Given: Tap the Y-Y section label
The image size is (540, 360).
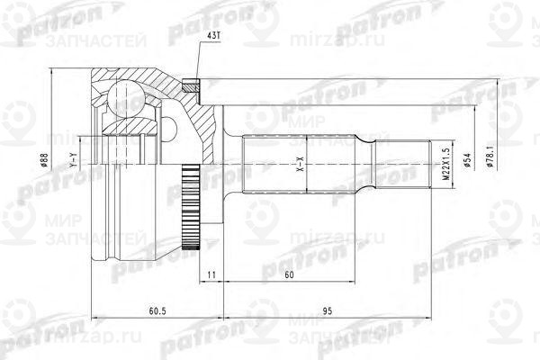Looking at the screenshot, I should point(72,163).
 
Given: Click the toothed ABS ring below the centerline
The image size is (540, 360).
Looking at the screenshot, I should point(190,209).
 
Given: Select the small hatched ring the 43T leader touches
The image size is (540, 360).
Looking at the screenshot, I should point(190,86).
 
